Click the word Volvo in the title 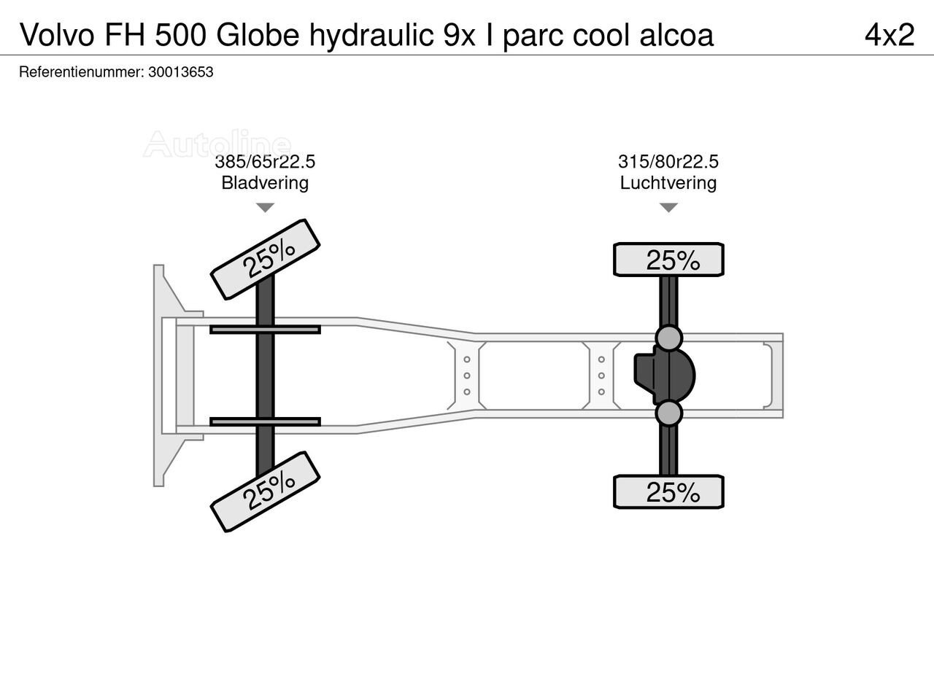[57, 35]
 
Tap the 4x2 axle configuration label [889, 35]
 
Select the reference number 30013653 [180, 72]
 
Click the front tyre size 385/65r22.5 [265, 162]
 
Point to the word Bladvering [265, 183]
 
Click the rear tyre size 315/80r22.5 [668, 162]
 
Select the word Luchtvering [668, 183]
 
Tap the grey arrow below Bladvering [265, 207]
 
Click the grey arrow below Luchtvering [668, 207]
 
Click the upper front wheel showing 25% [265, 260]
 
